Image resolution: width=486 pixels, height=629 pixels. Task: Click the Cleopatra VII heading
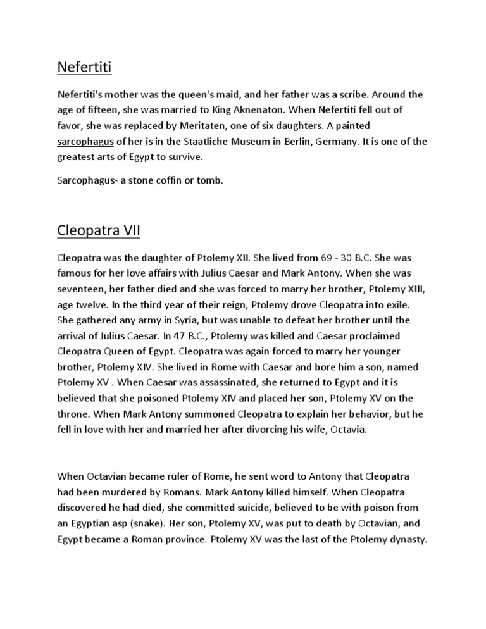[x=98, y=231]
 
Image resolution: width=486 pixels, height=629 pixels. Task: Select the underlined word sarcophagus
[x=85, y=124]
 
